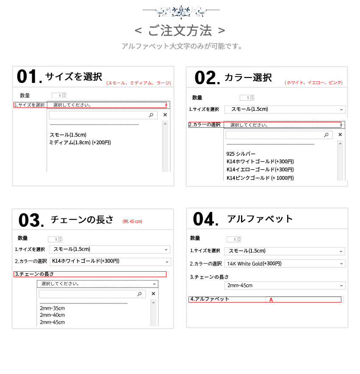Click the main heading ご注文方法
point(180,31)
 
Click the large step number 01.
point(28,77)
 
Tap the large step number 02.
point(206,78)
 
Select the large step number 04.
point(205,220)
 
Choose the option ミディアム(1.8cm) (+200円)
point(80,143)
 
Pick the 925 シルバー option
point(241,154)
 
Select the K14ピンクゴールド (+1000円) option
point(260,178)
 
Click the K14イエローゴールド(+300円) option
point(260,170)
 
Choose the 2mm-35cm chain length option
point(52,308)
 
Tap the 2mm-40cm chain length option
point(52,315)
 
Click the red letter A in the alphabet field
point(271,300)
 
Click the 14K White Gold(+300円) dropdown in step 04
point(284,264)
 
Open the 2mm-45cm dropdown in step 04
point(284,286)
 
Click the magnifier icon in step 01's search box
point(151,115)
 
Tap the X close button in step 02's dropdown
point(340,135)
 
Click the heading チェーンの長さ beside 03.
point(82,220)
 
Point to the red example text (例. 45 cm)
point(132,221)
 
